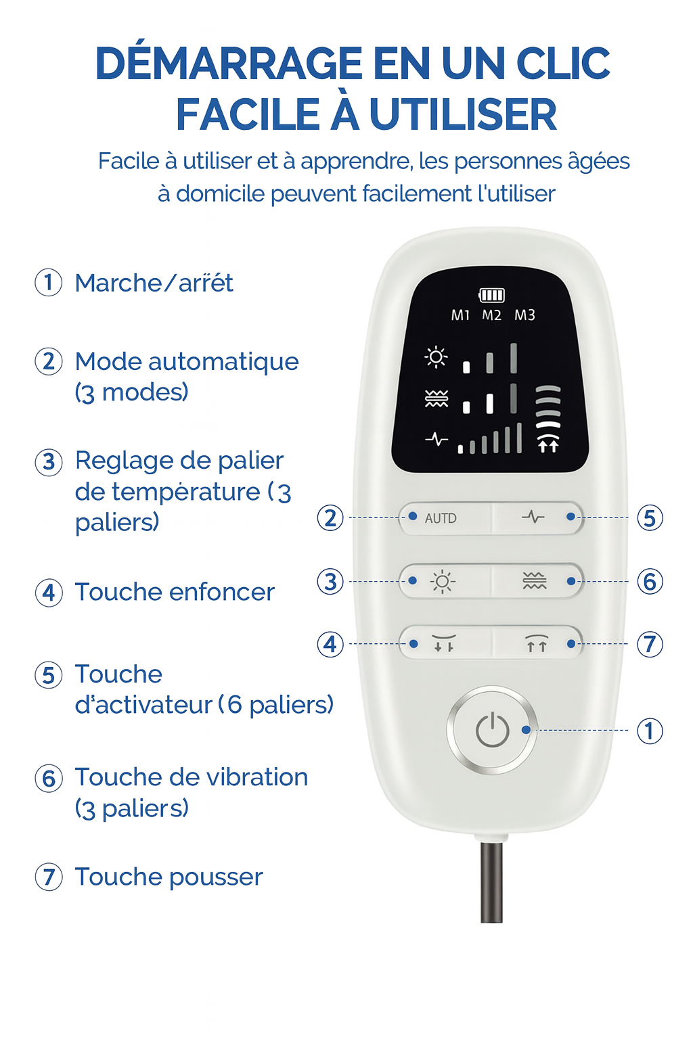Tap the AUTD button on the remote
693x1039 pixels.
tap(445, 517)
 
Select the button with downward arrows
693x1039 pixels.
tap(445, 643)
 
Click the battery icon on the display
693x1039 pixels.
tap(491, 295)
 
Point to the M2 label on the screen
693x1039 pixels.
tap(491, 315)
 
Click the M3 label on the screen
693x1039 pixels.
tap(524, 315)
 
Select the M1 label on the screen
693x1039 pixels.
tap(460, 315)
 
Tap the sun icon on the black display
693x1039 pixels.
tap(436, 357)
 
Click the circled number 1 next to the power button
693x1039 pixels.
tap(650, 731)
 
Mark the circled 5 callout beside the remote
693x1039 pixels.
tap(650, 517)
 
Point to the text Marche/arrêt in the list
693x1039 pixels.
tap(154, 283)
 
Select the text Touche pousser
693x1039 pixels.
tap(169, 877)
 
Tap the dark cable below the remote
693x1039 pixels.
tap(491, 882)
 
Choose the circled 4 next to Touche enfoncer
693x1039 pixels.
tap(49, 593)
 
